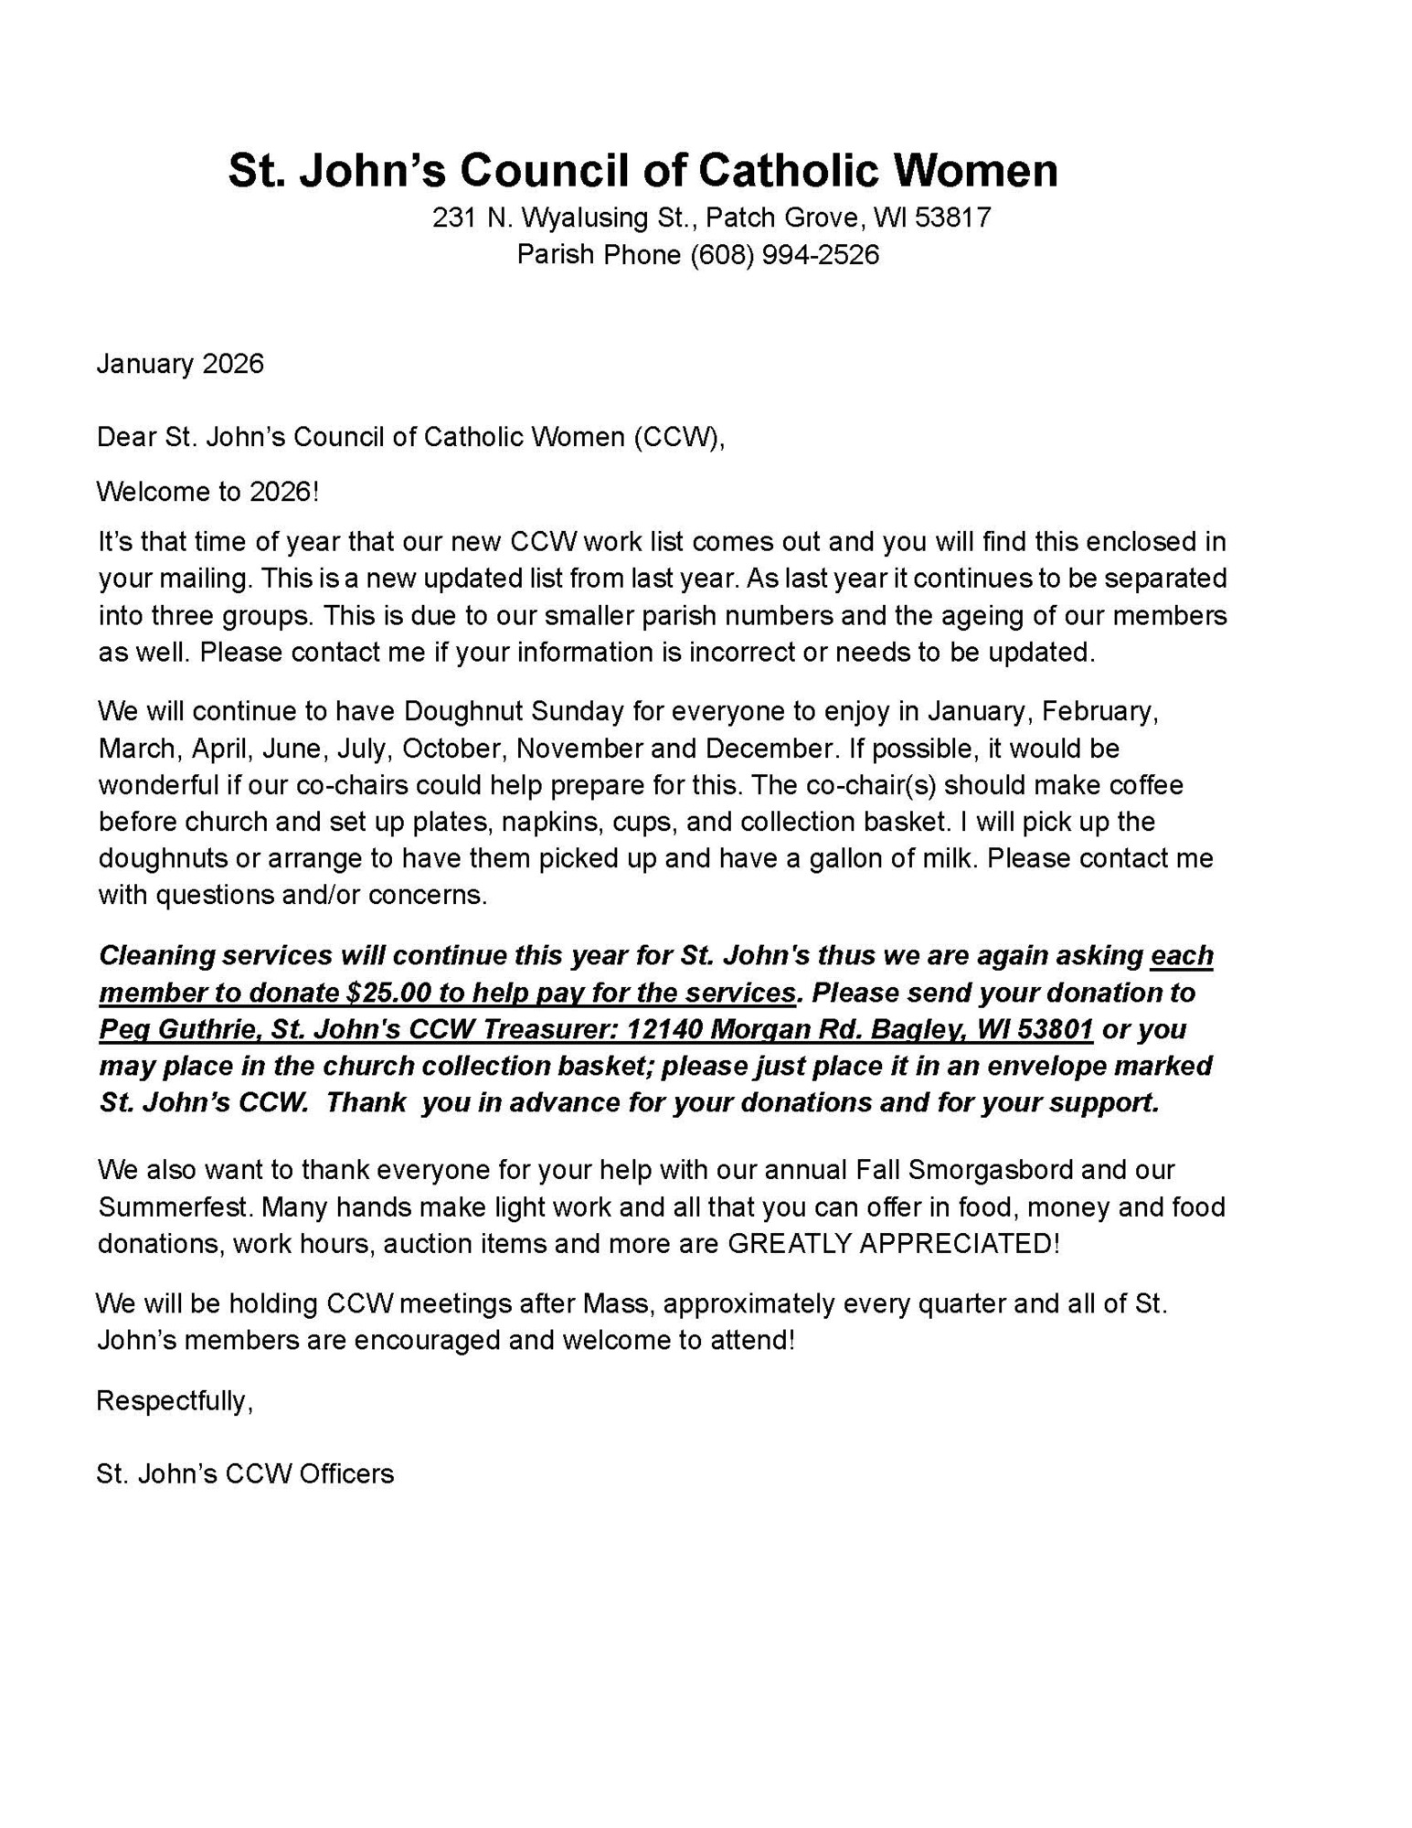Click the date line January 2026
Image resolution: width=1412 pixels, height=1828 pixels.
point(180,364)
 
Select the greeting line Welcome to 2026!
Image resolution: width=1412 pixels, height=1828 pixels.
point(207,492)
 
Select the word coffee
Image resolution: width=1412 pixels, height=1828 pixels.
point(1146,785)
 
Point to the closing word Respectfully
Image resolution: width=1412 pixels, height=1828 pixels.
point(174,1401)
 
